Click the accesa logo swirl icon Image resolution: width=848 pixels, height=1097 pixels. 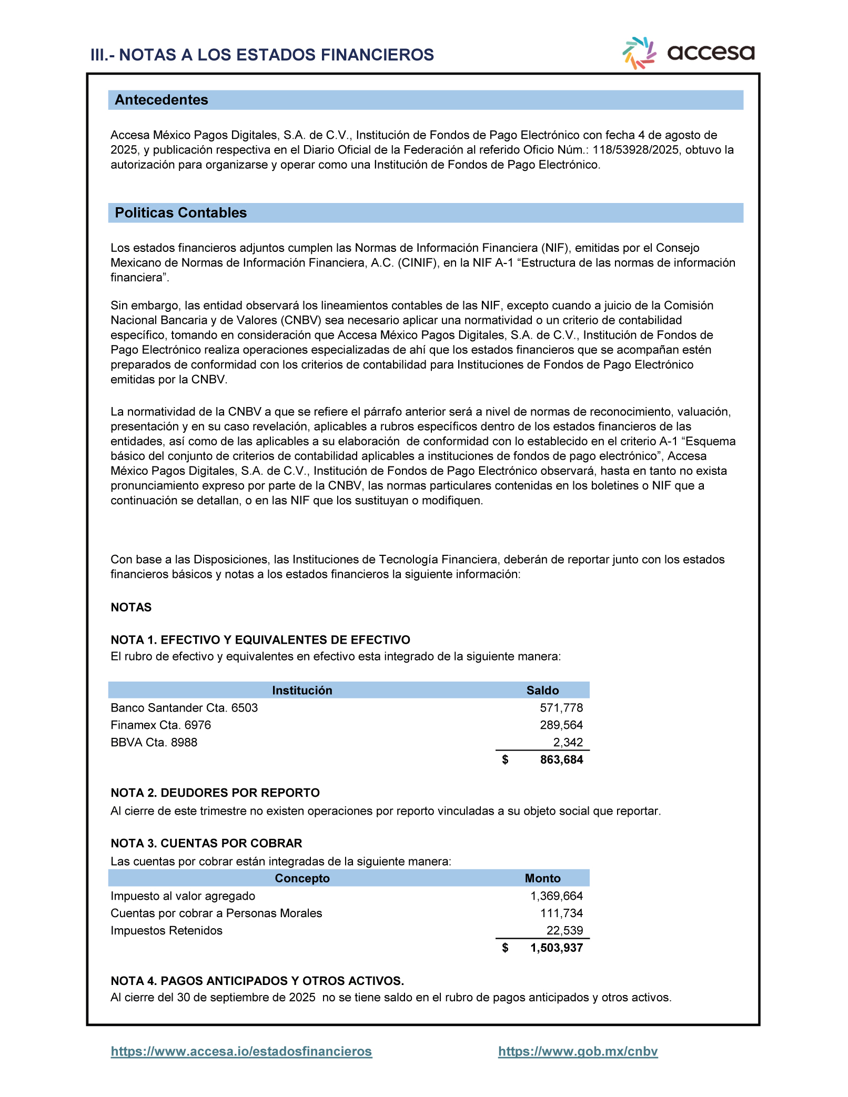tap(639, 53)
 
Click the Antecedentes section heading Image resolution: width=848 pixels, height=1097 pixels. tap(161, 100)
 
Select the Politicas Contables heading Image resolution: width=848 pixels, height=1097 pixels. tap(180, 213)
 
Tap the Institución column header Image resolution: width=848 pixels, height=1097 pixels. tap(302, 690)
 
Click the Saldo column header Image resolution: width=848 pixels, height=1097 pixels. tap(542, 690)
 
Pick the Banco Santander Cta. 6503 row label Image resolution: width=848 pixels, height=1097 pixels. tap(184, 708)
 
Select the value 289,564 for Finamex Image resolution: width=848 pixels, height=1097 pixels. tap(561, 725)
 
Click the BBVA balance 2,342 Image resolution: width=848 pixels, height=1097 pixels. tap(568, 743)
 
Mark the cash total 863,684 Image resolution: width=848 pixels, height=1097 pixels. tap(561, 760)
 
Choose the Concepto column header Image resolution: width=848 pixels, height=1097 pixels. tap(302, 878)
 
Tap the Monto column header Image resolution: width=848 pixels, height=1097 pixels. tap(542, 878)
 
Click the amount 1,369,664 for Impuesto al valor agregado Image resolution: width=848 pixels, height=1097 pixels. tap(557, 896)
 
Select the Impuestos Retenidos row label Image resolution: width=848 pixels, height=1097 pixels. tap(166, 931)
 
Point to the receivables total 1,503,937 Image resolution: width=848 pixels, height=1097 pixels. tap(557, 948)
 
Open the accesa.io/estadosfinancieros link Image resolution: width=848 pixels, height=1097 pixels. tap(241, 1052)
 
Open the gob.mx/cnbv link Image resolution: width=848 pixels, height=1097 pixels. tap(578, 1052)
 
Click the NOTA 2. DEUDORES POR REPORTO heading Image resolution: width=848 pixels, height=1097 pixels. tap(215, 793)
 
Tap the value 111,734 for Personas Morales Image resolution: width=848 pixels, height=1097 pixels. tap(561, 913)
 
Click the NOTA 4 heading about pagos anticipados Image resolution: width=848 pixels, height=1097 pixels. tap(257, 981)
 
